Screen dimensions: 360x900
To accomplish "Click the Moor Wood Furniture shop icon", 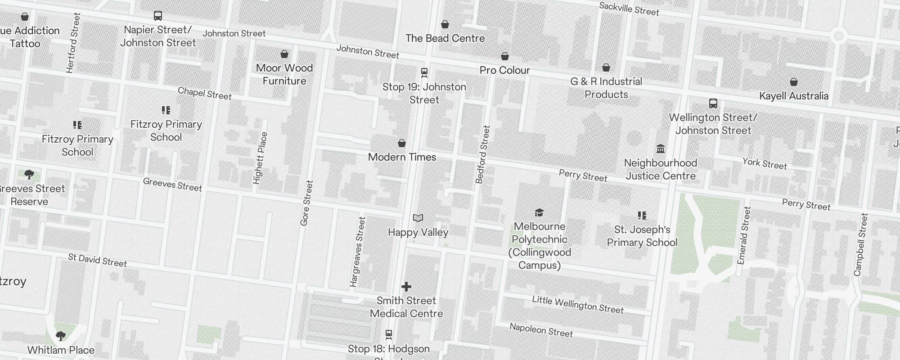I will (284, 54).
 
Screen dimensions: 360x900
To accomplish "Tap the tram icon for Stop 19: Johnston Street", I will (424, 72).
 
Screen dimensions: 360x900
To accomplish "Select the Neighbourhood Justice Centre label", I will (660, 169).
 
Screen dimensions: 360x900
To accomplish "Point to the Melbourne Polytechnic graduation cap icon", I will (539, 212).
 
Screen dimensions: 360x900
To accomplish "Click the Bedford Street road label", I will (482, 154).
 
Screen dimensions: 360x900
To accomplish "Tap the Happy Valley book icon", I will (418, 218).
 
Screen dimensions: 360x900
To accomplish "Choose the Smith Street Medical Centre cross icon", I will (406, 287).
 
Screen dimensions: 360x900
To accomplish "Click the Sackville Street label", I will (629, 9).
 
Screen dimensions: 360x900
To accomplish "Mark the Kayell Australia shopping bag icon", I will (794, 82).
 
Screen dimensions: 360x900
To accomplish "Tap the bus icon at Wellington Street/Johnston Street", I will (713, 103).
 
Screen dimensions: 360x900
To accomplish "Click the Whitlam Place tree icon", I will (61, 336).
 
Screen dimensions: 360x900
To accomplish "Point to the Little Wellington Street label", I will (577, 305).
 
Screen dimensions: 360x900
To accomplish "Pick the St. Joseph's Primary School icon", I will (642, 216).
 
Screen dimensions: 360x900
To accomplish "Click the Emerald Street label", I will (744, 235).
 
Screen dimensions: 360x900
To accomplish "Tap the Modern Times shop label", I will (402, 157).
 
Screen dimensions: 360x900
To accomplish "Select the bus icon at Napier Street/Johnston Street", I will (158, 16).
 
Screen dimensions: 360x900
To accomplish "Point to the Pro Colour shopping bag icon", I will (505, 56).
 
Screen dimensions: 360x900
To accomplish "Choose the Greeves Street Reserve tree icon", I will (29, 175).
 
